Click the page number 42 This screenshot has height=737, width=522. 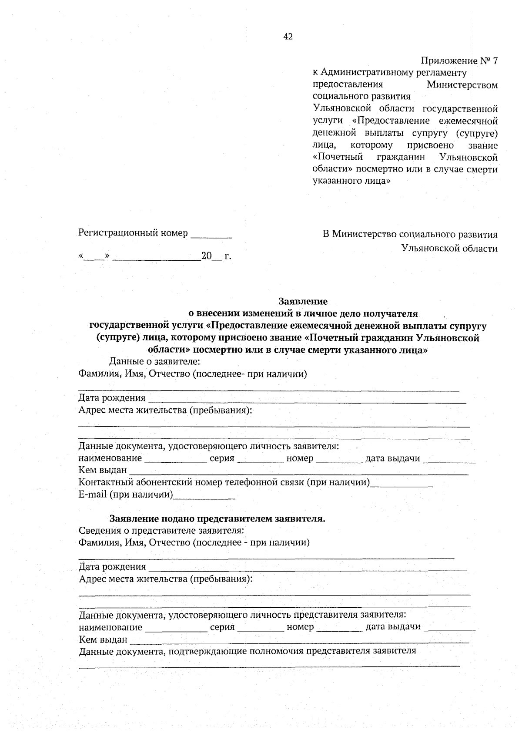point(288,37)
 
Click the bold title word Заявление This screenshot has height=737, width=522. point(303,301)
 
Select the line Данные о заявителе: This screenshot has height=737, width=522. point(154,361)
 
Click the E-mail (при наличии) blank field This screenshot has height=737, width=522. point(204,495)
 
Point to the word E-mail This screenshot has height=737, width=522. point(92,495)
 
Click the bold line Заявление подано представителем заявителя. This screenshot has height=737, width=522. point(217,519)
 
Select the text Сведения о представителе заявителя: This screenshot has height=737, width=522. point(161,531)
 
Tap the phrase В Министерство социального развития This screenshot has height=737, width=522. point(410,235)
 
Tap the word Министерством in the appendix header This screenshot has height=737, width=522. point(462,85)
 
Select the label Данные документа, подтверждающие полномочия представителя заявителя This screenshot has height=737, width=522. point(247,651)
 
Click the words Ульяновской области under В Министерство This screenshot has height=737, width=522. point(450,249)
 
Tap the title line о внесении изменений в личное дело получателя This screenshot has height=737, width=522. point(303,313)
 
